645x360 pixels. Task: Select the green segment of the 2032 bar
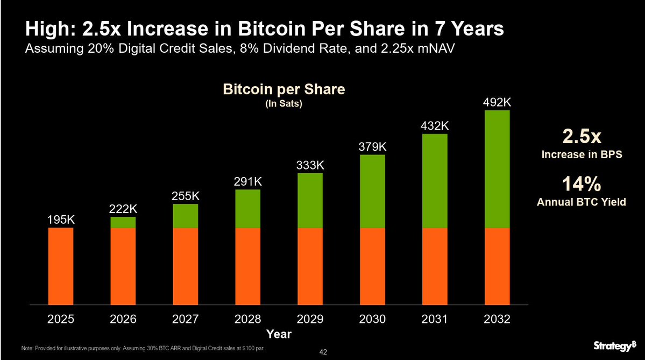tap(497, 169)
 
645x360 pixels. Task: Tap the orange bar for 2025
tap(60, 266)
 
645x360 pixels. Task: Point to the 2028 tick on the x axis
tap(247, 319)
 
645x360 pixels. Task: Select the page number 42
tap(323, 352)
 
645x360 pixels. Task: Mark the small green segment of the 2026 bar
tap(123, 222)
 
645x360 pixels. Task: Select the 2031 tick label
tap(435, 319)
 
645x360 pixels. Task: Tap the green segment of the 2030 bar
tap(372, 191)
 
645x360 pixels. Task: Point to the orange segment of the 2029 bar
tap(310, 266)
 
